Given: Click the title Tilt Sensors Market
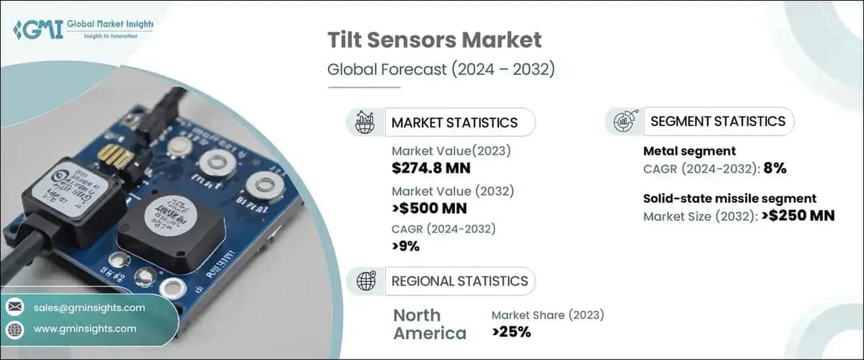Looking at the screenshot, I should [434, 40].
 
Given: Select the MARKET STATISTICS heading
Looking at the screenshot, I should [454, 122].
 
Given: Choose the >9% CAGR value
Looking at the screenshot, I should [406, 246].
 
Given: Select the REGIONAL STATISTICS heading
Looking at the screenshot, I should [459, 281].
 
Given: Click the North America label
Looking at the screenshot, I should [430, 324].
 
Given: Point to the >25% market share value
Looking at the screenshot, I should [511, 332].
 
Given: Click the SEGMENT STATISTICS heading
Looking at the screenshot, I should [718, 122].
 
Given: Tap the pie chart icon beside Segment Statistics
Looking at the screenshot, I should [623, 122].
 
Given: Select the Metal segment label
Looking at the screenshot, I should [688, 151].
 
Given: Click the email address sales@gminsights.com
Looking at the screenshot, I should [89, 307].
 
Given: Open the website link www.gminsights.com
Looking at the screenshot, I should [85, 328].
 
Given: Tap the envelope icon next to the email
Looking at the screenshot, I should [14, 307].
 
